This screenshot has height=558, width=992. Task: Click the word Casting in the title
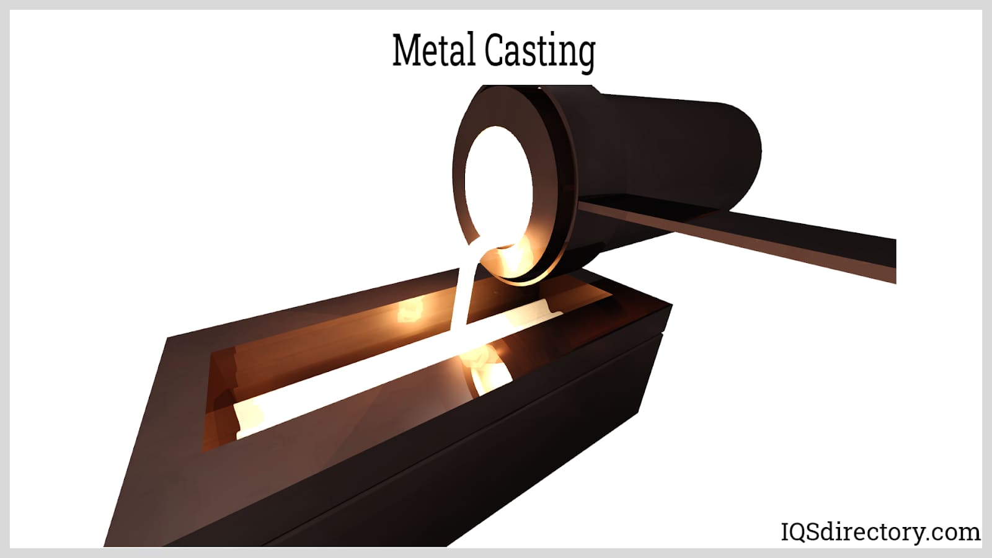(540, 52)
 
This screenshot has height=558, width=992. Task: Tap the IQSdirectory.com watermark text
(880, 531)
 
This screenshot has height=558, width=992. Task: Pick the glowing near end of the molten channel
(249, 418)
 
